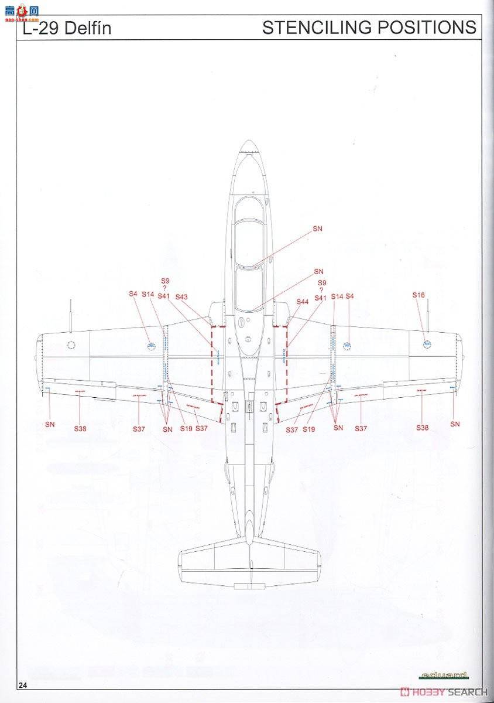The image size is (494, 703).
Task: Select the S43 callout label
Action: (x=181, y=297)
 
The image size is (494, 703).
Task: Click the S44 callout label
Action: (x=302, y=302)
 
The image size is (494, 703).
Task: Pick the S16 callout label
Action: (x=418, y=295)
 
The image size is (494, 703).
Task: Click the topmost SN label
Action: (x=318, y=228)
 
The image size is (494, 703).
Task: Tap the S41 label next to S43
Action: (x=163, y=296)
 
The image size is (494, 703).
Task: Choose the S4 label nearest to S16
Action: (x=350, y=296)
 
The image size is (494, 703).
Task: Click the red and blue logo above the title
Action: (x=21, y=10)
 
